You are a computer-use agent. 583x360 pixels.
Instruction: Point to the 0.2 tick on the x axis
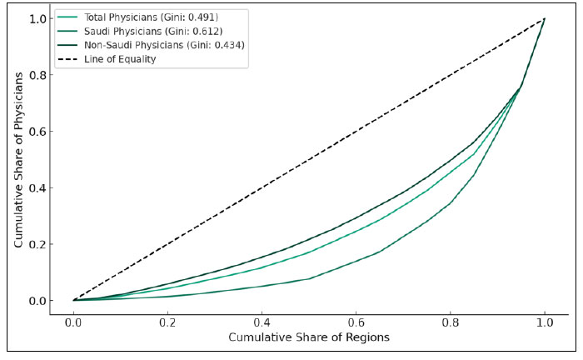167,319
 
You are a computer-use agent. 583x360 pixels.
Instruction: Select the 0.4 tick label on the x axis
262,319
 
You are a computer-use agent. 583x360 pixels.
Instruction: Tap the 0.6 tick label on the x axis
356,319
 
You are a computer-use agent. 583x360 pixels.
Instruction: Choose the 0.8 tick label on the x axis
451,319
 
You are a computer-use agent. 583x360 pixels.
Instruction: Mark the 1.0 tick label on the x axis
545,319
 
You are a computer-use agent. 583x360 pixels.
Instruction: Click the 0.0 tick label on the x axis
73,319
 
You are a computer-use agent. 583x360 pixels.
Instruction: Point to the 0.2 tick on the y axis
37,244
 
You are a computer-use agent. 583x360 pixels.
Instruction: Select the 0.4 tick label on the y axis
37,187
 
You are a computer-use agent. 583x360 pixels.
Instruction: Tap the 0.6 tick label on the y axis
37,131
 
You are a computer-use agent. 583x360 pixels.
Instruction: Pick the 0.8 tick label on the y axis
37,75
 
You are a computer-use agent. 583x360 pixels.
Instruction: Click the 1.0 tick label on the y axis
37,18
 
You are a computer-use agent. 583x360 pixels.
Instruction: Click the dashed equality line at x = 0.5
309,159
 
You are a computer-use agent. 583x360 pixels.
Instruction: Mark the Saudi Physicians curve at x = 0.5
309,278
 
